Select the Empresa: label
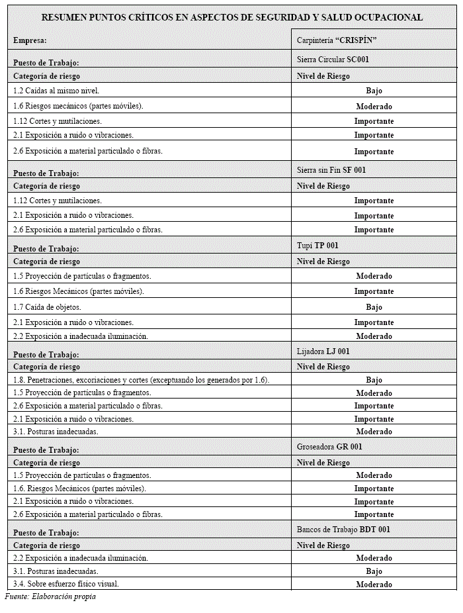pos(30,40)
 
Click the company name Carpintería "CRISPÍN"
pos(337,40)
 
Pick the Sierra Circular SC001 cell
pos(333,60)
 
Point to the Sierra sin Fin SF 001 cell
pos(331,170)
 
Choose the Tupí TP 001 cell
pos(317,246)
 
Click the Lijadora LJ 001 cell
pos(323,352)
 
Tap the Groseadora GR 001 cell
pos(329,447)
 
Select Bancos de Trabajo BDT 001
pos(343,530)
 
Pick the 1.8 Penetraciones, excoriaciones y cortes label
pos(141,380)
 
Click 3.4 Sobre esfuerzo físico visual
pos(66,584)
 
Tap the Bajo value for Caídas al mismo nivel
pos(374,91)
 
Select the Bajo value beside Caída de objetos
pos(374,307)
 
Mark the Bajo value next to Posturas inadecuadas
pos(374,571)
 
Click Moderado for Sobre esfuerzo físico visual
pos(374,585)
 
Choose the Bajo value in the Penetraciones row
pos(374,380)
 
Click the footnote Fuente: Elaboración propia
pos(50,596)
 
